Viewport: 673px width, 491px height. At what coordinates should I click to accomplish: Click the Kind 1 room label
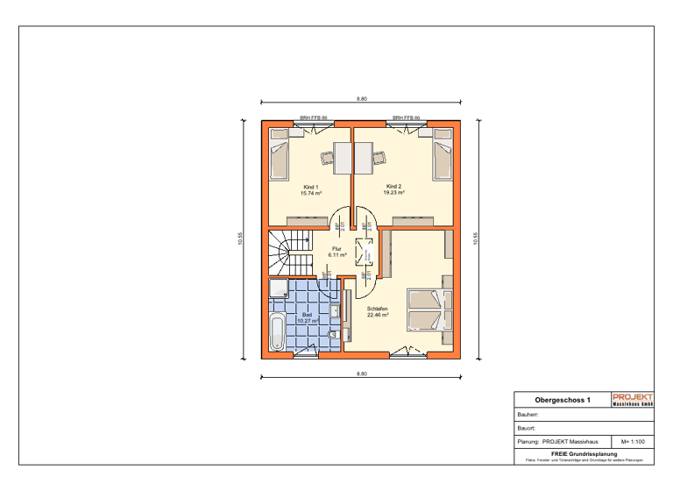pyautogui.click(x=309, y=187)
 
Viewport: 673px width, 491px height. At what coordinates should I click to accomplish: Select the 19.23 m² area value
pyautogui.click(x=393, y=193)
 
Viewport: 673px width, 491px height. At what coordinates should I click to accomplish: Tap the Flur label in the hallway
pyautogui.click(x=336, y=249)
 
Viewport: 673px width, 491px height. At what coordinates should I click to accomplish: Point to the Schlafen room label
pyautogui.click(x=378, y=309)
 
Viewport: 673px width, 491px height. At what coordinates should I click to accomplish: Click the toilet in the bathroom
pyautogui.click(x=333, y=336)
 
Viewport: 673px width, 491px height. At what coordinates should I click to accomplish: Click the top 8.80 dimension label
pyautogui.click(x=361, y=99)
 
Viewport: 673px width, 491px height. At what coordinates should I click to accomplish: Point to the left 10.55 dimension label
pyautogui.click(x=241, y=238)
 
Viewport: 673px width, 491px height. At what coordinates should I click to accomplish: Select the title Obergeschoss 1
pyautogui.click(x=563, y=400)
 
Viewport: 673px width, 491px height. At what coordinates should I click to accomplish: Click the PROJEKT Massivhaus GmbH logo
pyautogui.click(x=633, y=399)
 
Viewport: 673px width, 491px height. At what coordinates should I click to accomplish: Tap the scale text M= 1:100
pyautogui.click(x=633, y=442)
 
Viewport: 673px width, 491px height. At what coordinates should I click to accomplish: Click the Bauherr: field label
pyautogui.click(x=528, y=414)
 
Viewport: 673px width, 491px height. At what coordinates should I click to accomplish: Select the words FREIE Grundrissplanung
pyautogui.click(x=584, y=453)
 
